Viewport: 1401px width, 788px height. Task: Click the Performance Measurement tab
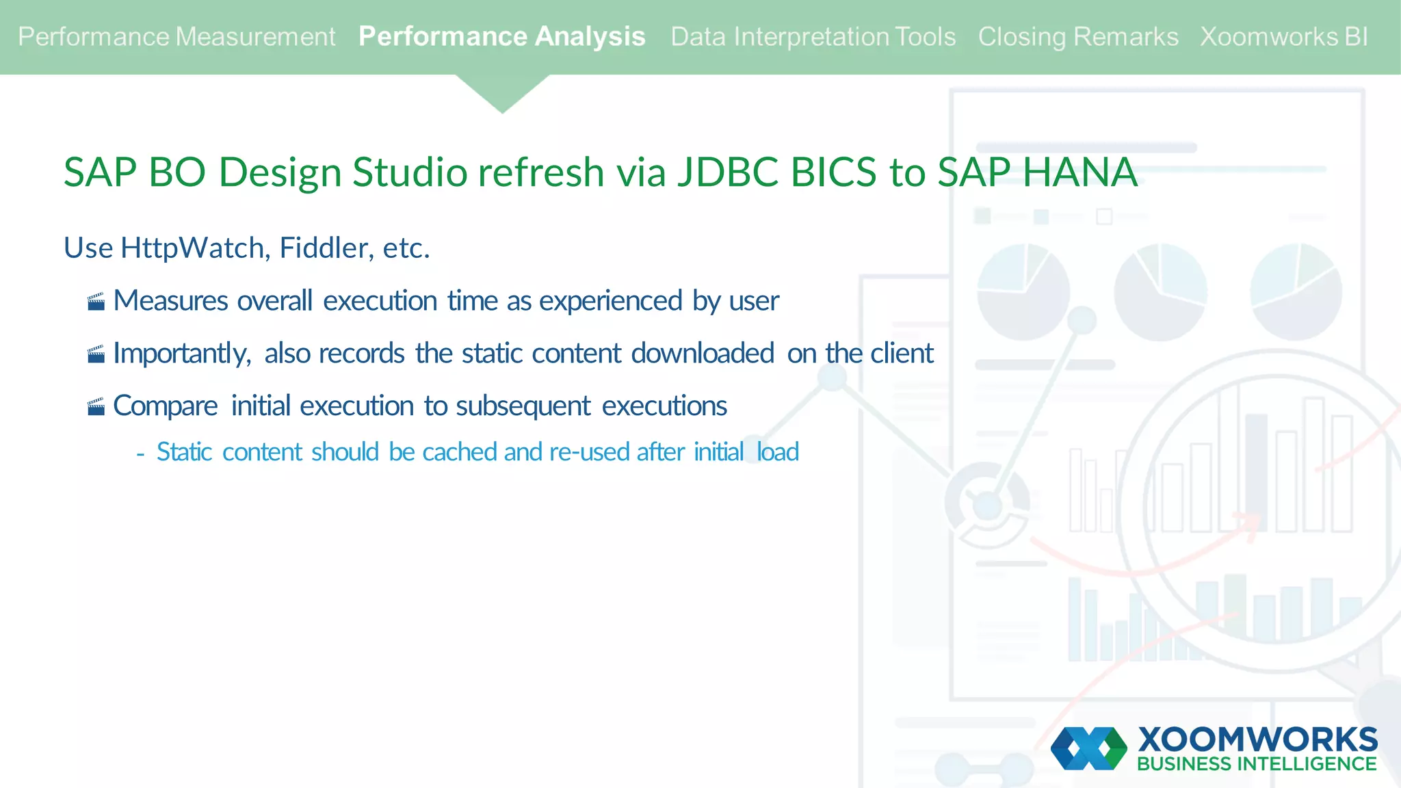[x=176, y=37]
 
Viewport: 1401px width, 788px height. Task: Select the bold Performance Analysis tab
[x=501, y=37]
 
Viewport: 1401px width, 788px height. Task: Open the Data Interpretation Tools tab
[x=813, y=37]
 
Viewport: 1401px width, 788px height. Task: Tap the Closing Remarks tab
[x=1077, y=37]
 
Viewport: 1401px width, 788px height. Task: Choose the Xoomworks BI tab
[x=1284, y=37]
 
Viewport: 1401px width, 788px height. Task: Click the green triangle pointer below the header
[x=502, y=92]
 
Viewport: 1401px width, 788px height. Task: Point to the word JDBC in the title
[x=728, y=172]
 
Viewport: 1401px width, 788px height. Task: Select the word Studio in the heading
[x=408, y=172]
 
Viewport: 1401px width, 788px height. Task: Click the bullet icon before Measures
[x=96, y=302]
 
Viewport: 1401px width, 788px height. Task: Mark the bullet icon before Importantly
[x=96, y=354]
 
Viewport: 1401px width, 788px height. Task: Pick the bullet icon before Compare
[x=96, y=407]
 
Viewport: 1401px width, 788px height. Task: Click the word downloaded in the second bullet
[x=702, y=354]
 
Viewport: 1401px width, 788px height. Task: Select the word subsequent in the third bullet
[x=523, y=406]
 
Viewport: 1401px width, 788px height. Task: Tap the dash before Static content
[x=140, y=454]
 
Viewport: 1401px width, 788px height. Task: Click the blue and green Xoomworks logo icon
[x=1088, y=748]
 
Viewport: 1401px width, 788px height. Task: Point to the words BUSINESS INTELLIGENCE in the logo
[x=1257, y=764]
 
